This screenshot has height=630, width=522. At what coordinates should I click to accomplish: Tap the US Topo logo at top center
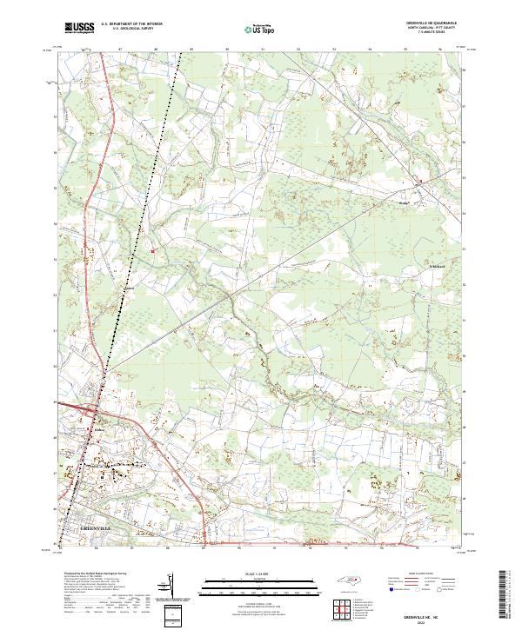[251, 28]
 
